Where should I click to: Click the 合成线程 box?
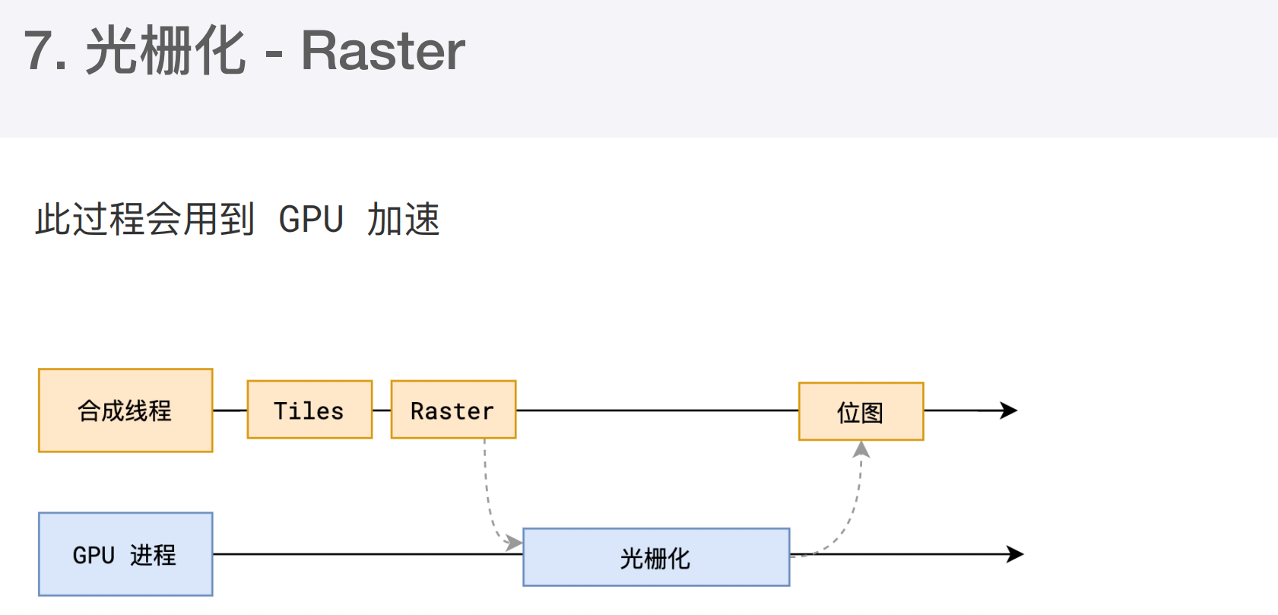click(125, 411)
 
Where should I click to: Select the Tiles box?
click(309, 410)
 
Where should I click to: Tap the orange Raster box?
click(454, 410)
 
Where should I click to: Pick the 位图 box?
click(861, 411)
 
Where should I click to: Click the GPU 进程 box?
click(125, 554)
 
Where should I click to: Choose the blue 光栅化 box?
click(656, 557)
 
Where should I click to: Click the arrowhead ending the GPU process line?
click(1015, 554)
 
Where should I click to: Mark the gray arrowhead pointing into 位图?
click(861, 449)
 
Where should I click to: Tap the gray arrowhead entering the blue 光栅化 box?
click(514, 543)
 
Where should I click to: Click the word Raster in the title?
click(383, 52)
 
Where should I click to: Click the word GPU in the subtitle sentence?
click(311, 219)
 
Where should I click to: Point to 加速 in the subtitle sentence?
click(404, 219)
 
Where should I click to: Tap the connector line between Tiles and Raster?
click(382, 411)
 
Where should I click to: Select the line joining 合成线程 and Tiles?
click(230, 411)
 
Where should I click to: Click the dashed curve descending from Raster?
click(488, 496)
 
